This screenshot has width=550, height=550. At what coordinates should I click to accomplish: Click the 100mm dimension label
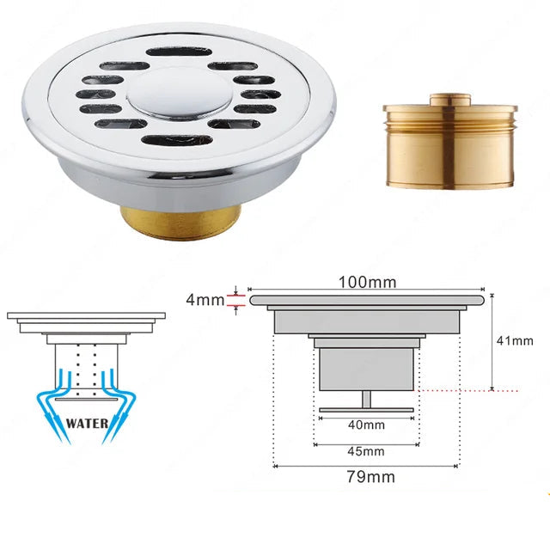point(367,282)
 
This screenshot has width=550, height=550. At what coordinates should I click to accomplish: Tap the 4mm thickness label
point(205,300)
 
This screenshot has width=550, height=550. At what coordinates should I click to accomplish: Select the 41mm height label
point(515,340)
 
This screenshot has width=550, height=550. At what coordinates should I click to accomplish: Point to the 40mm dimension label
point(366,425)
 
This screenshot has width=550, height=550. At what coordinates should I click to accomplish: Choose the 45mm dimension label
point(366,451)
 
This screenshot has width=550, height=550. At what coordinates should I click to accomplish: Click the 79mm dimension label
point(370,477)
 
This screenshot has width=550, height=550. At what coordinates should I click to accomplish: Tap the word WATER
point(87,424)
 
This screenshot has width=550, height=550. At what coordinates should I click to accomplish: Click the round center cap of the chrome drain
point(179,92)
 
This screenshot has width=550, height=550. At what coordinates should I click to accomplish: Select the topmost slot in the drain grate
point(179,52)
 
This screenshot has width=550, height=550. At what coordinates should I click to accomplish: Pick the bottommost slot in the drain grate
point(177,140)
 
